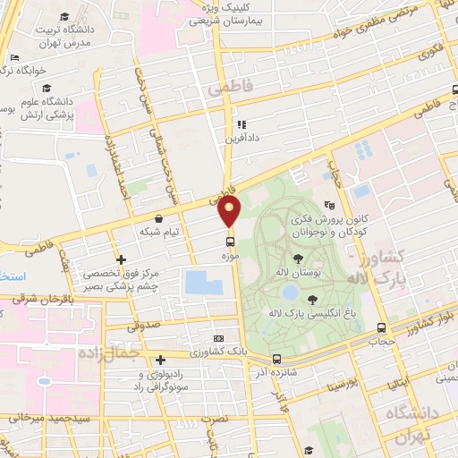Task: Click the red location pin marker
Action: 230,211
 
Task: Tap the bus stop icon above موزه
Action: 231,242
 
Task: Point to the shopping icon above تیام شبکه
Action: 159,218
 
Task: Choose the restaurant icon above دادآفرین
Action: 241,125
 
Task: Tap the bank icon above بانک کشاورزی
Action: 220,339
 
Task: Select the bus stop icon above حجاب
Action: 382,327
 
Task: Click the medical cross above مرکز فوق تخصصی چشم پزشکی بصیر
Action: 121,259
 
